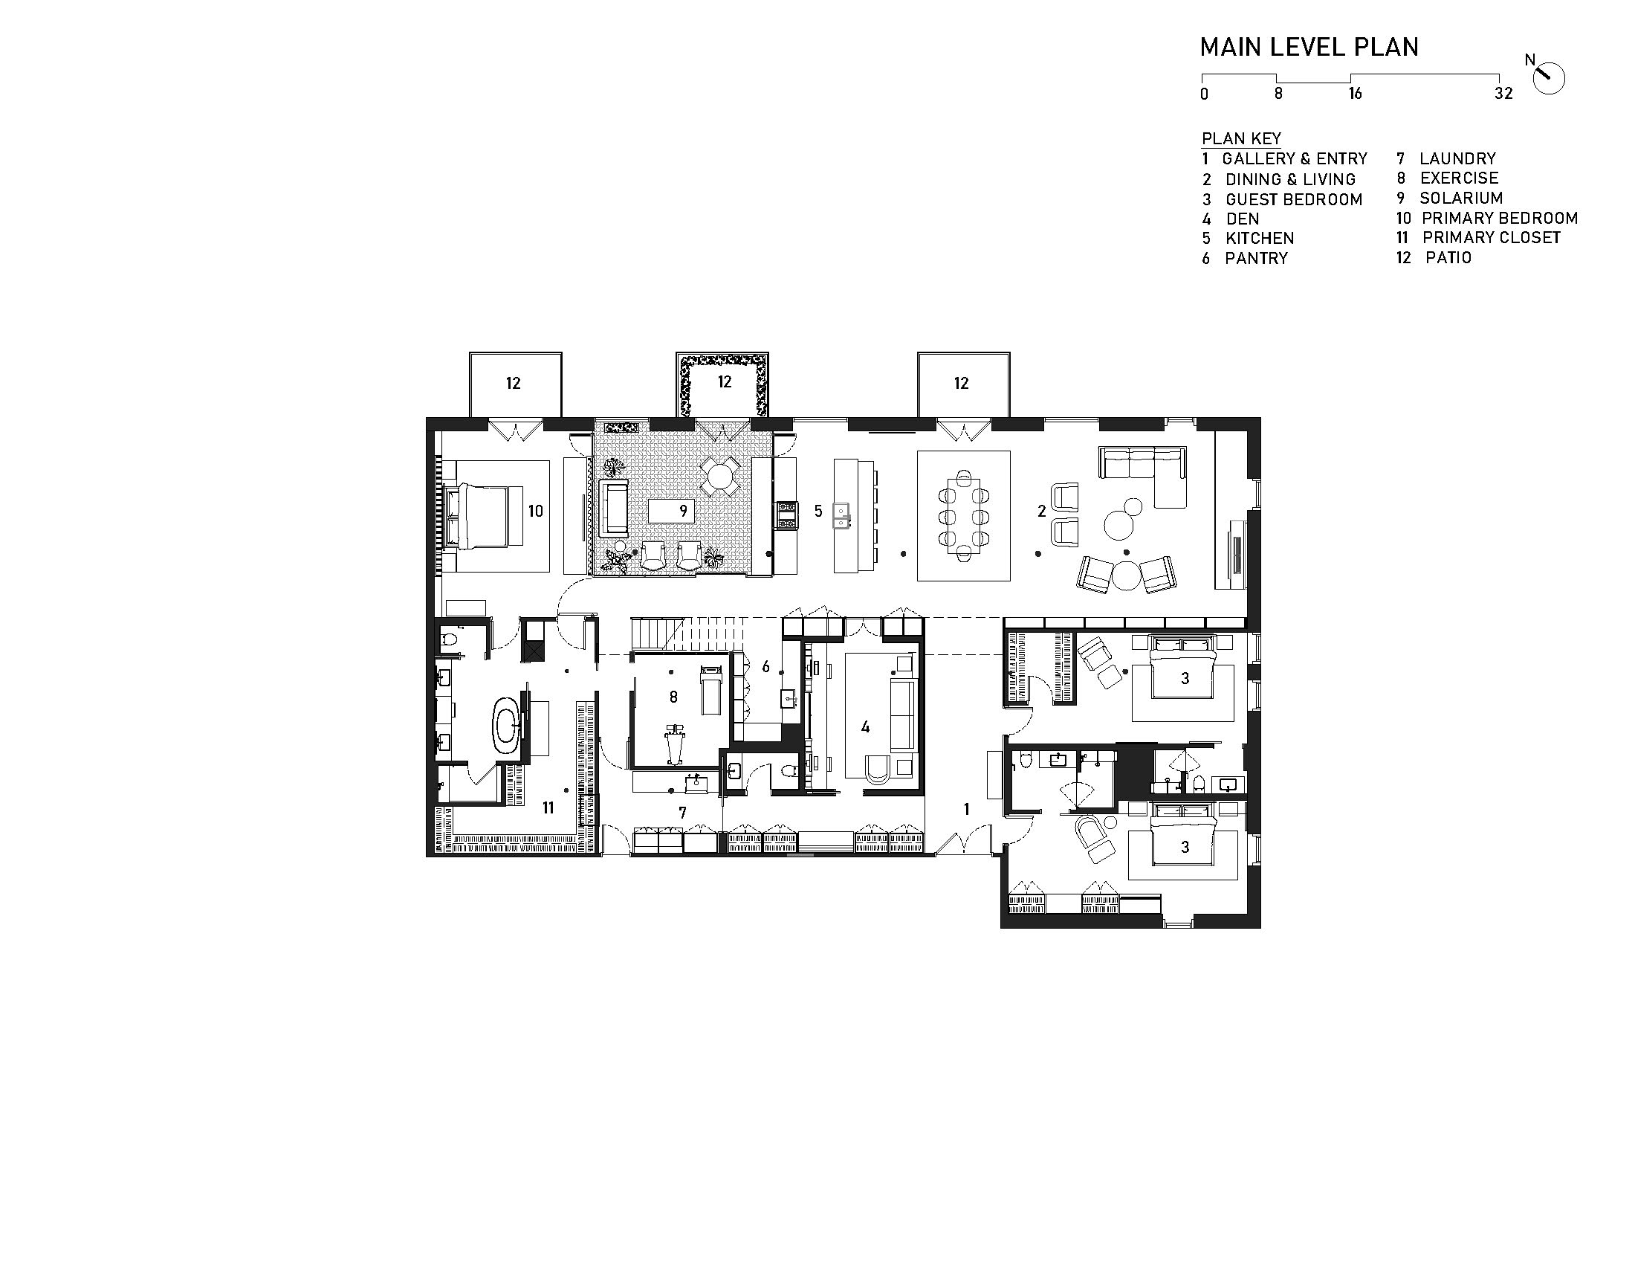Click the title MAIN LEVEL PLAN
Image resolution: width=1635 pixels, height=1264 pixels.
[1309, 47]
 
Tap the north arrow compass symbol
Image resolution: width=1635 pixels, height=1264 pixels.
[1548, 78]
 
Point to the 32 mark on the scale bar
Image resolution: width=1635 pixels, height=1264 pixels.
[1503, 94]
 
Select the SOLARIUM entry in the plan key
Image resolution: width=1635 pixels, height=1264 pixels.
[1449, 199]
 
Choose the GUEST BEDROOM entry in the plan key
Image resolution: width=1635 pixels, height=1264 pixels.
[1282, 200]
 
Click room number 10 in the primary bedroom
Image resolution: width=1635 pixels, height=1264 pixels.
[535, 512]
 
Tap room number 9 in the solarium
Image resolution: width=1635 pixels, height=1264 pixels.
[683, 512]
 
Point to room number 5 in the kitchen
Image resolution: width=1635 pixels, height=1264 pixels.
[818, 512]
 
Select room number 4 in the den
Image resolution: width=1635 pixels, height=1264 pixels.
[865, 726]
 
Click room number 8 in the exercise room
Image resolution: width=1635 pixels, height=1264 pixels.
[673, 697]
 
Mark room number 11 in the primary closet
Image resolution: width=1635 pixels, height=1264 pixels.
[548, 808]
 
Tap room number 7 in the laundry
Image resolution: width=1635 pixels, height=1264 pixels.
[682, 813]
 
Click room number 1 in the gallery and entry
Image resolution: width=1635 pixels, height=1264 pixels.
[966, 810]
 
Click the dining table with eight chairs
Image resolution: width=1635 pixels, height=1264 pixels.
[963, 516]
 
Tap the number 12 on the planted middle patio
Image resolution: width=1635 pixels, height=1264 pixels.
[724, 382]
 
